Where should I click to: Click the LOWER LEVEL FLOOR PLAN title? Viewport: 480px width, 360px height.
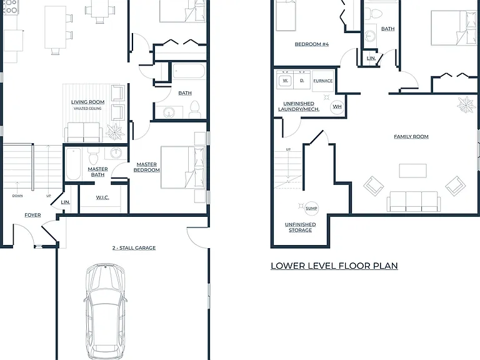(334, 266)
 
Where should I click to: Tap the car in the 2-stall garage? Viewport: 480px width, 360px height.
(105, 311)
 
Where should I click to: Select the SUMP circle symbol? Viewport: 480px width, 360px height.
(311, 209)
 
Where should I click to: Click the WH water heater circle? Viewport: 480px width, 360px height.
(337, 106)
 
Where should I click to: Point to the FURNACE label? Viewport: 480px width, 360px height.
(323, 81)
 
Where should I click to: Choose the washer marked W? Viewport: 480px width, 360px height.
(285, 81)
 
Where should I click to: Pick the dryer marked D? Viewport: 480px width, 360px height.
(302, 80)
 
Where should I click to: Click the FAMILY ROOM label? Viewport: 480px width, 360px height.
(411, 136)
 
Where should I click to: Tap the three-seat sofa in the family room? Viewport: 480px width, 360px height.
(414, 201)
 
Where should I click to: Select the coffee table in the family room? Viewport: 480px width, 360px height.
(413, 171)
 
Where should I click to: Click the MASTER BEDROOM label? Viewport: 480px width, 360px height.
(147, 167)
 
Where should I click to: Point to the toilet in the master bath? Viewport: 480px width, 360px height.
(93, 156)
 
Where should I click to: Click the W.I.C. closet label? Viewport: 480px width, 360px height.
(102, 197)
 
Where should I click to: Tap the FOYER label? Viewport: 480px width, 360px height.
(32, 215)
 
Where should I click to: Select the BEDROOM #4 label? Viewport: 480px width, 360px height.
(312, 44)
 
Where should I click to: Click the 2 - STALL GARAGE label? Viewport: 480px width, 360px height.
(134, 248)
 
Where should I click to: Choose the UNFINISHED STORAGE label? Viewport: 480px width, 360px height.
(300, 227)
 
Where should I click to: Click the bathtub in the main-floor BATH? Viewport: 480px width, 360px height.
(189, 71)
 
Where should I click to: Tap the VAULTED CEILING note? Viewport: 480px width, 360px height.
(87, 108)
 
